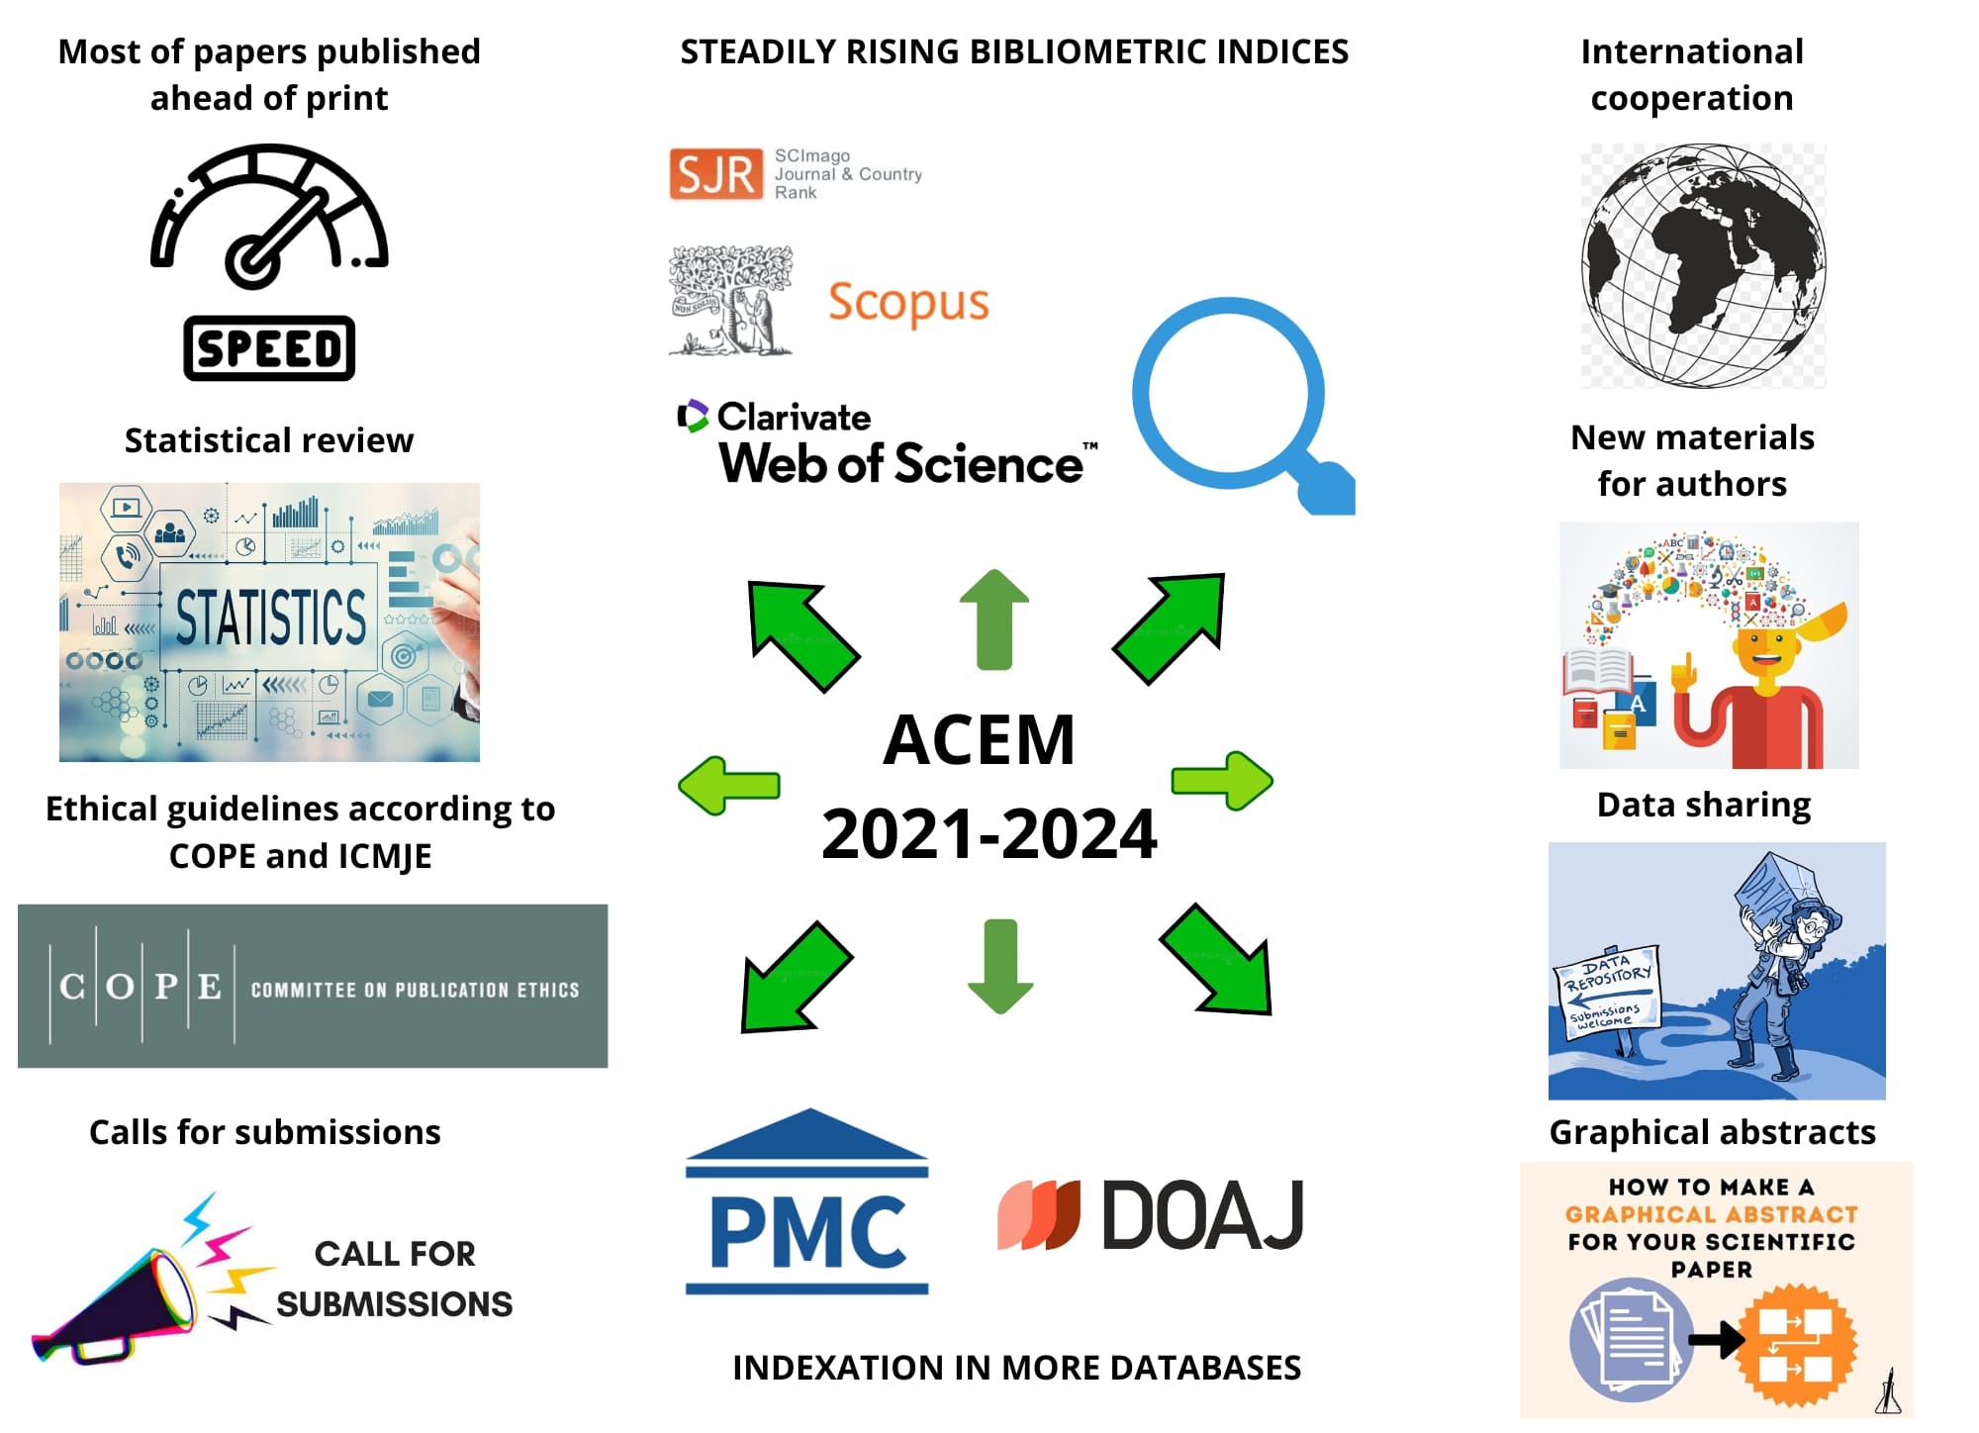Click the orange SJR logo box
pyautogui.click(x=715, y=174)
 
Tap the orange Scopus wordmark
pyautogui.click(x=908, y=303)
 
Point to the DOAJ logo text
pyautogui.click(x=1201, y=1215)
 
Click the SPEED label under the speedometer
pyautogui.click(x=269, y=348)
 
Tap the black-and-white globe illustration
pyautogui.click(x=1702, y=265)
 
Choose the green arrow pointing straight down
pyautogui.click(x=1000, y=965)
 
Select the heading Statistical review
pyautogui.click(x=269, y=440)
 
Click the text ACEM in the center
pyautogui.click(x=979, y=740)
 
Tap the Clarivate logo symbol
pyautogui.click(x=693, y=417)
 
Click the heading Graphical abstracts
pyautogui.click(x=1712, y=1132)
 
